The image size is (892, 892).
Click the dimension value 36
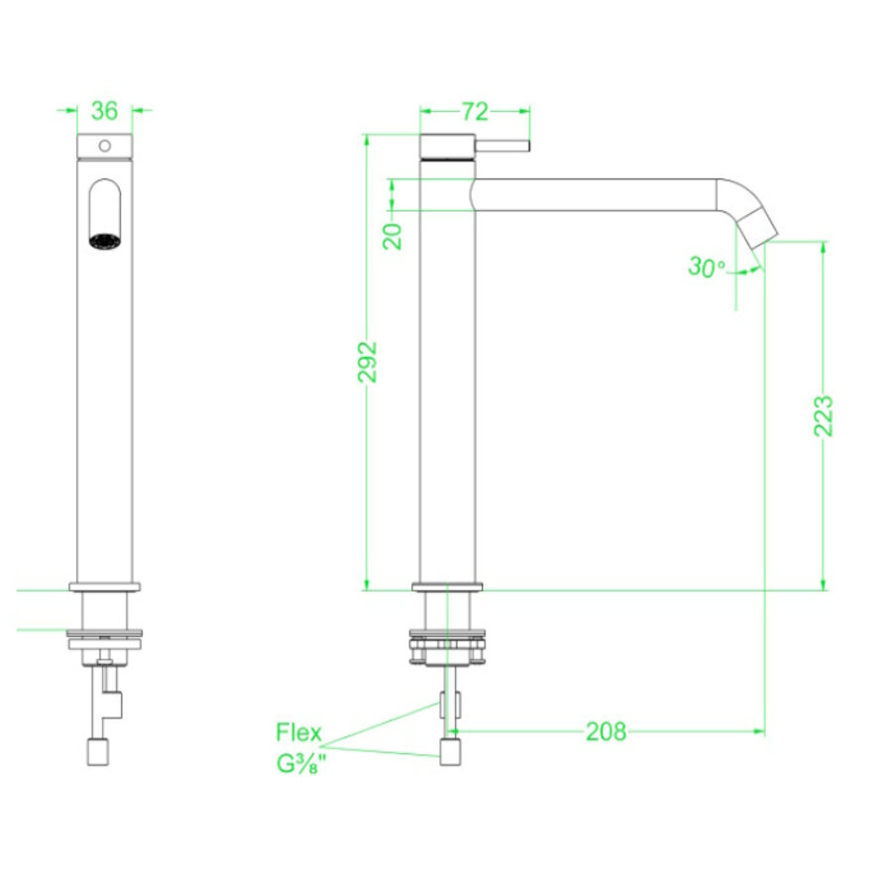(104, 109)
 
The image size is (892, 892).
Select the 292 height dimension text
(368, 364)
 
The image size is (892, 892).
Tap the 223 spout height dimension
(823, 416)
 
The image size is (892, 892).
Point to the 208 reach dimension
(606, 731)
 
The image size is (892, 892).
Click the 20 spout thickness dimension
(393, 235)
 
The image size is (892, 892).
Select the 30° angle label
(707, 268)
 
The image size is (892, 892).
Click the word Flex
(298, 733)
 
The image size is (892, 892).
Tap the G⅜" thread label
(300, 765)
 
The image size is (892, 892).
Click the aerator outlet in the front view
(104, 241)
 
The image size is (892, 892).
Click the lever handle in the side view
(505, 146)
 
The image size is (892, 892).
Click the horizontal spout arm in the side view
(595, 194)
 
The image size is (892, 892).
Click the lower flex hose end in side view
(451, 751)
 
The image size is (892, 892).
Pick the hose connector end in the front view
(99, 752)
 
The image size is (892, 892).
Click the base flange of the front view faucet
(104, 586)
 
